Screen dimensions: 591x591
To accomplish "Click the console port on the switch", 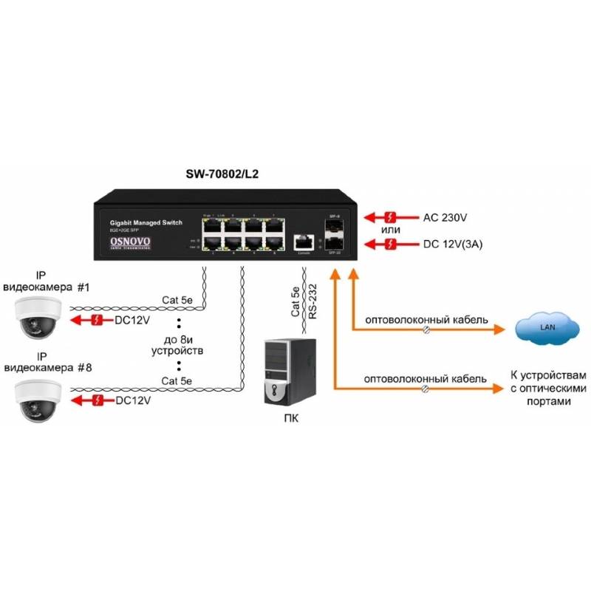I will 301,242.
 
